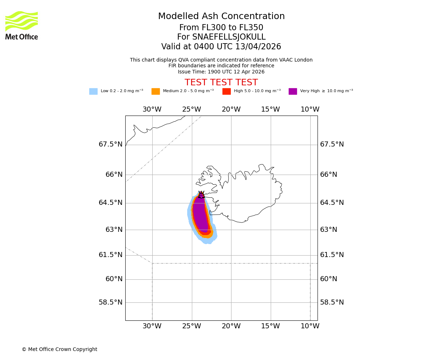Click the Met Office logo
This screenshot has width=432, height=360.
click(x=22, y=26)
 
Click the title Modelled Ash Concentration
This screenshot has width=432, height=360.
click(x=221, y=17)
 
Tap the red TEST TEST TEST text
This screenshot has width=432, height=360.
click(x=221, y=83)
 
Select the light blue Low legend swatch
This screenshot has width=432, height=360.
click(x=93, y=91)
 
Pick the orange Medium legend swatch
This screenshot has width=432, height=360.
click(x=156, y=91)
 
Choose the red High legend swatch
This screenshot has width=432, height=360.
click(x=226, y=91)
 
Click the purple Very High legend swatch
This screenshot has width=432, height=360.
click(x=293, y=91)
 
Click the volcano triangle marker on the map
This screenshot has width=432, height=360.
click(x=201, y=195)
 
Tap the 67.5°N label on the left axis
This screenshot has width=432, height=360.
click(x=111, y=144)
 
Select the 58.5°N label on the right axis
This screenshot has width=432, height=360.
click(x=332, y=302)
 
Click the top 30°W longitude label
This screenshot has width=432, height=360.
click(x=152, y=109)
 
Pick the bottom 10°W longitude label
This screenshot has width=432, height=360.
click(x=310, y=326)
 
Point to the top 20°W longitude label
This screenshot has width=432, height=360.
click(x=231, y=109)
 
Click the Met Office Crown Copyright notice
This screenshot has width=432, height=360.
click(x=59, y=350)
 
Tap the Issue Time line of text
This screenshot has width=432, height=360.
click(x=221, y=72)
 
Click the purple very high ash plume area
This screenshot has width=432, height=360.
click(x=200, y=216)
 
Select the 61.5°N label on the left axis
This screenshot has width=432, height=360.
click(x=111, y=255)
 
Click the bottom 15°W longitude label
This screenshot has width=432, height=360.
click(x=270, y=326)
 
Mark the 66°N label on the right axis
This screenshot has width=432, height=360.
click(x=328, y=175)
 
